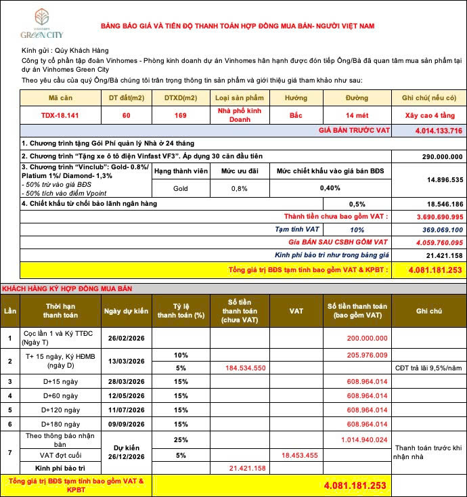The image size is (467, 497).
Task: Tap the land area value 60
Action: click(126, 115)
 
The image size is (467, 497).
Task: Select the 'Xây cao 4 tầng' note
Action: click(429, 115)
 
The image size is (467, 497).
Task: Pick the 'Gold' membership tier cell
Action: click(181, 188)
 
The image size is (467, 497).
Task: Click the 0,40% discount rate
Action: click(330, 188)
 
